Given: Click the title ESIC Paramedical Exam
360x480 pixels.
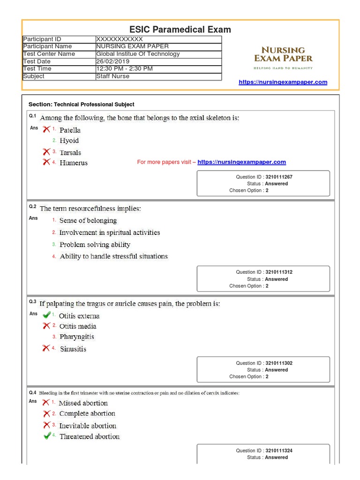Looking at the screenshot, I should tap(180, 30).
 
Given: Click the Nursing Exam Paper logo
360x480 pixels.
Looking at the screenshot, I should tap(283, 57).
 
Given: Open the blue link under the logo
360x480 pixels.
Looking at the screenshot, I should tap(283, 82).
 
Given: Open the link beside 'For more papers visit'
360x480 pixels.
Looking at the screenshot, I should tap(241, 162).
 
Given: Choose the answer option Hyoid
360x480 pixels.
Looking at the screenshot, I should tap(69, 141).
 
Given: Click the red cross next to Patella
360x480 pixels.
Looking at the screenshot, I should tap(46, 129).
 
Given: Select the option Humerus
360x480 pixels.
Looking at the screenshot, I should tap(74, 163).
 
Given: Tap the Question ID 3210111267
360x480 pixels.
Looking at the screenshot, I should tap(279, 177).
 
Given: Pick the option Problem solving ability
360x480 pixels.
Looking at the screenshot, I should tap(95, 245).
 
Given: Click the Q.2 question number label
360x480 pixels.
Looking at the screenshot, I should tap(33, 207).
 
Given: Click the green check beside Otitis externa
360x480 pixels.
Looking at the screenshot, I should tap(46, 315).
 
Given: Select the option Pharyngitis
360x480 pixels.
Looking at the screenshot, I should tap(77, 337).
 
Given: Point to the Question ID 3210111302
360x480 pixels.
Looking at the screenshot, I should tap(279, 363).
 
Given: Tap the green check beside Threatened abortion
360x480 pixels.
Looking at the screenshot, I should tap(47, 436).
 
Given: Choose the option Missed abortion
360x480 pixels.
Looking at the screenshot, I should tap(83, 403).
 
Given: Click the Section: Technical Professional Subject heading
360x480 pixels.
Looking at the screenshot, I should tap(82, 104).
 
